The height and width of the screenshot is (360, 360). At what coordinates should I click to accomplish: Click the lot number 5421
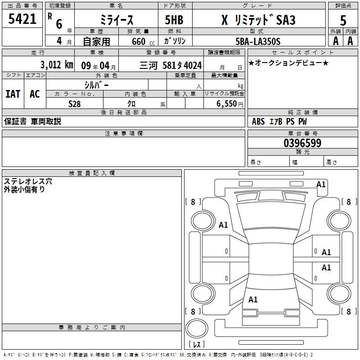(x=22, y=19)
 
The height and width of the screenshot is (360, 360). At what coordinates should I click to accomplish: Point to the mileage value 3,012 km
(x=57, y=65)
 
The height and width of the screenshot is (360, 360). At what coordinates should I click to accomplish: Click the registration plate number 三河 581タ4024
(x=176, y=65)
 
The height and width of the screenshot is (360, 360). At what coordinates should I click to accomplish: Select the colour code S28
(x=75, y=104)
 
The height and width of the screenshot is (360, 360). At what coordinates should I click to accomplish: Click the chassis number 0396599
(x=302, y=143)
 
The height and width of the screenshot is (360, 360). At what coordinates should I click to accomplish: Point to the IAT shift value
(x=13, y=94)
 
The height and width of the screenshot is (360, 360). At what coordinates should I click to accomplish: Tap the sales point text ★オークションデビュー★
(x=288, y=63)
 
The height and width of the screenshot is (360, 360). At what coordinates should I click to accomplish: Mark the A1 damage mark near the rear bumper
(x=253, y=299)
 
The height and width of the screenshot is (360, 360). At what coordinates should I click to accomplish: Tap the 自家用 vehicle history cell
(x=96, y=41)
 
